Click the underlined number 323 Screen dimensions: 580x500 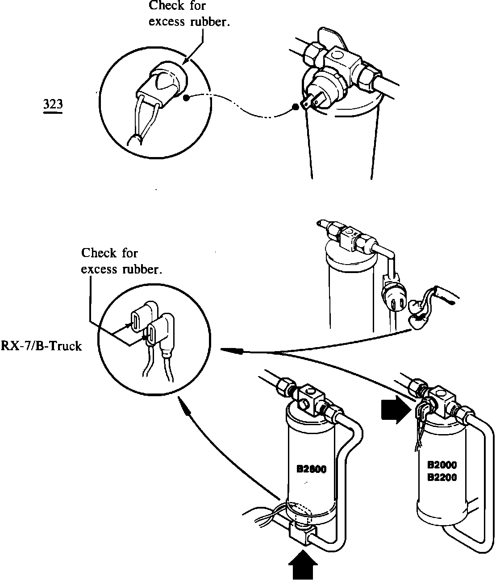pos(53,104)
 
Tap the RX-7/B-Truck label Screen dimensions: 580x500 pos(42,346)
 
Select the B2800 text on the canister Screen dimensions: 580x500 pos(312,469)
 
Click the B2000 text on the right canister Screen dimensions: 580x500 pos(442,465)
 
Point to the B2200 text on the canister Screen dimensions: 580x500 pos(442,477)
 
